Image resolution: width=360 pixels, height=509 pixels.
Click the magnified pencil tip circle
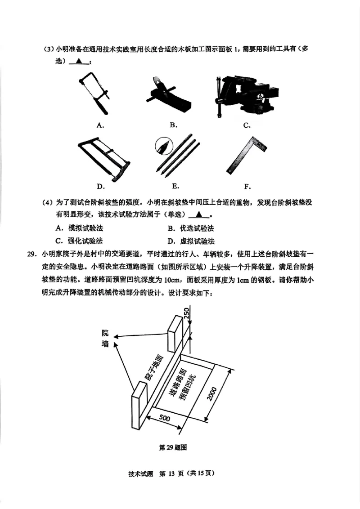point(163,146)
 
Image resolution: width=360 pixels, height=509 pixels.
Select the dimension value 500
point(164,418)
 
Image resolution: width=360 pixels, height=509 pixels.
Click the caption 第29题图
point(173,447)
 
